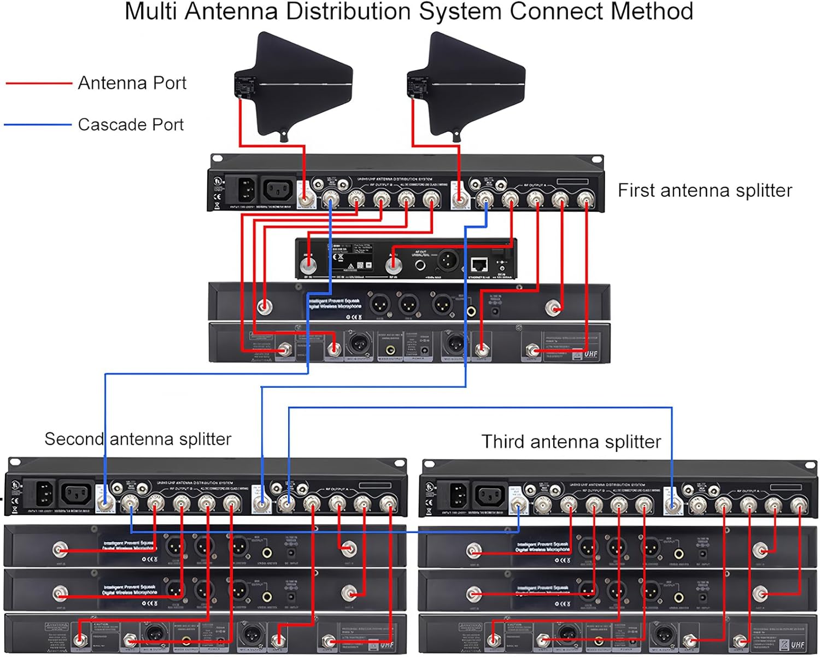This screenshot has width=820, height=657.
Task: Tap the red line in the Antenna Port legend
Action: coord(38,83)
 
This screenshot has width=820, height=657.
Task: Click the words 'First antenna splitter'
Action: coord(705,190)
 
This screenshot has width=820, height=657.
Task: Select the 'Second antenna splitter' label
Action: coord(138,439)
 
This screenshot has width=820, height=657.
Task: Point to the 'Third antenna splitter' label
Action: coord(571,441)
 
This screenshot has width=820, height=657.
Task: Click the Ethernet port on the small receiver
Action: coord(479,265)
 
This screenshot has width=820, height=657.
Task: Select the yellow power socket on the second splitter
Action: coord(45,493)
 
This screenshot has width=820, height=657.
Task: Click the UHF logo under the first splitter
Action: coord(590,354)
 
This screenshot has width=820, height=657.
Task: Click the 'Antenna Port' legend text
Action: coord(132,83)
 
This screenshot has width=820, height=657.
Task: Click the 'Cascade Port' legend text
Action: coord(131,125)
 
